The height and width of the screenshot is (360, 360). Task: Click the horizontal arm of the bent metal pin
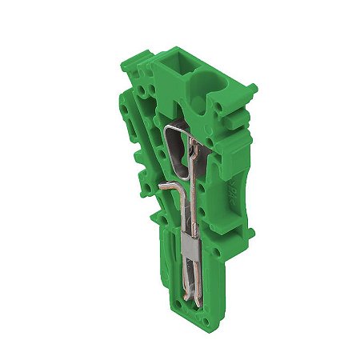[x=168, y=183]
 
